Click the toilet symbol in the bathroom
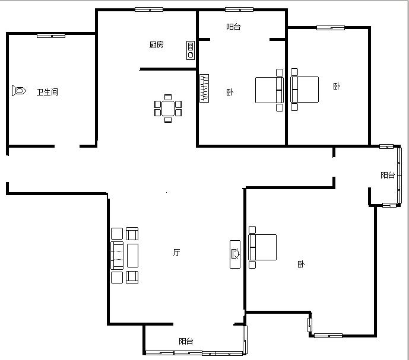point(18,91)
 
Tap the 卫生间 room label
point(47,92)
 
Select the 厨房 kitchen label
point(157,45)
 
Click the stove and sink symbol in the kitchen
point(191,50)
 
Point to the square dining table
point(168,109)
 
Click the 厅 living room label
point(176,252)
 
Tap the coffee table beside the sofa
point(132,256)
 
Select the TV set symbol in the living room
point(235,254)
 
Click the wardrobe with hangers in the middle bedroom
point(204,88)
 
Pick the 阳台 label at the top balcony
point(233,27)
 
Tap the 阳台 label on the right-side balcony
point(388,175)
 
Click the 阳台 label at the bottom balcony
point(186,341)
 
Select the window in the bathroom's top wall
point(51,36)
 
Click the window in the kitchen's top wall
point(149,9)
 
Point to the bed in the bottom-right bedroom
point(262,247)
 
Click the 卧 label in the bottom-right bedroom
point(301,264)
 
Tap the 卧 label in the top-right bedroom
point(337,86)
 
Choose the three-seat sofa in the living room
point(117,256)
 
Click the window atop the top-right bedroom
point(331,28)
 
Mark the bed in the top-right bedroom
point(305,90)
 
